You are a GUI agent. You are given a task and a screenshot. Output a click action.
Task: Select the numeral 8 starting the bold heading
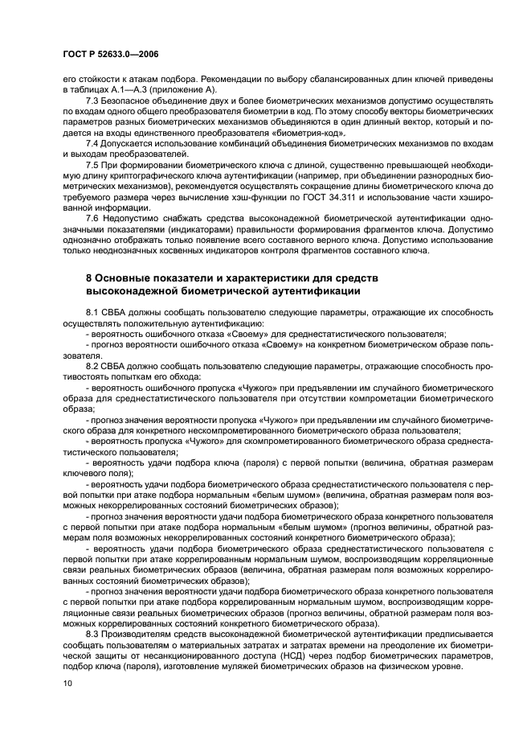(x=89, y=277)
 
